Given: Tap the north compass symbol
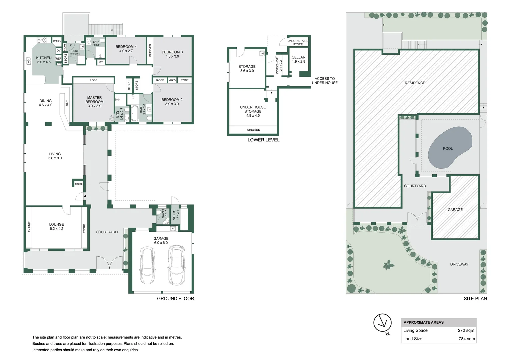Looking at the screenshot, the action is [x=383, y=324].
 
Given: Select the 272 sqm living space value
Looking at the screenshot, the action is [x=466, y=330].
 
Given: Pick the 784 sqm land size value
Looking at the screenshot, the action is [x=467, y=339].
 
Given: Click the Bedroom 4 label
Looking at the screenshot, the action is [x=126, y=49].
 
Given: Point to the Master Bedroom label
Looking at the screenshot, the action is [x=95, y=102].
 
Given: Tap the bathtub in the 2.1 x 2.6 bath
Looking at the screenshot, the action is [x=134, y=113].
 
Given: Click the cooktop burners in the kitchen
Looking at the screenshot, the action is [x=42, y=40].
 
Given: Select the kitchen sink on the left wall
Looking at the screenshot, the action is [x=29, y=61].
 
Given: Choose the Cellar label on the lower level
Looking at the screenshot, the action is [x=299, y=59].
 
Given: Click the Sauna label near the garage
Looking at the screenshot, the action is [x=176, y=215].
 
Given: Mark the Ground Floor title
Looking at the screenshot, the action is [x=175, y=299].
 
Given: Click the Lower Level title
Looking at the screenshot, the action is [x=264, y=140].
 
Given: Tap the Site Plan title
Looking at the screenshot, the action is [x=475, y=299].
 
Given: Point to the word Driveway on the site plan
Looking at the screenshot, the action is [x=459, y=264].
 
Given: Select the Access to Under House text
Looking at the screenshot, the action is [x=325, y=81].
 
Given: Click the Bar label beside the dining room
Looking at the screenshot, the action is [x=67, y=103].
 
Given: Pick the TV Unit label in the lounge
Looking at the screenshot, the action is [x=29, y=227].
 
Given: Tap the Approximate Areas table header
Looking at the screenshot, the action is [x=424, y=322].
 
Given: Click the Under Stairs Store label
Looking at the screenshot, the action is [x=298, y=43].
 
